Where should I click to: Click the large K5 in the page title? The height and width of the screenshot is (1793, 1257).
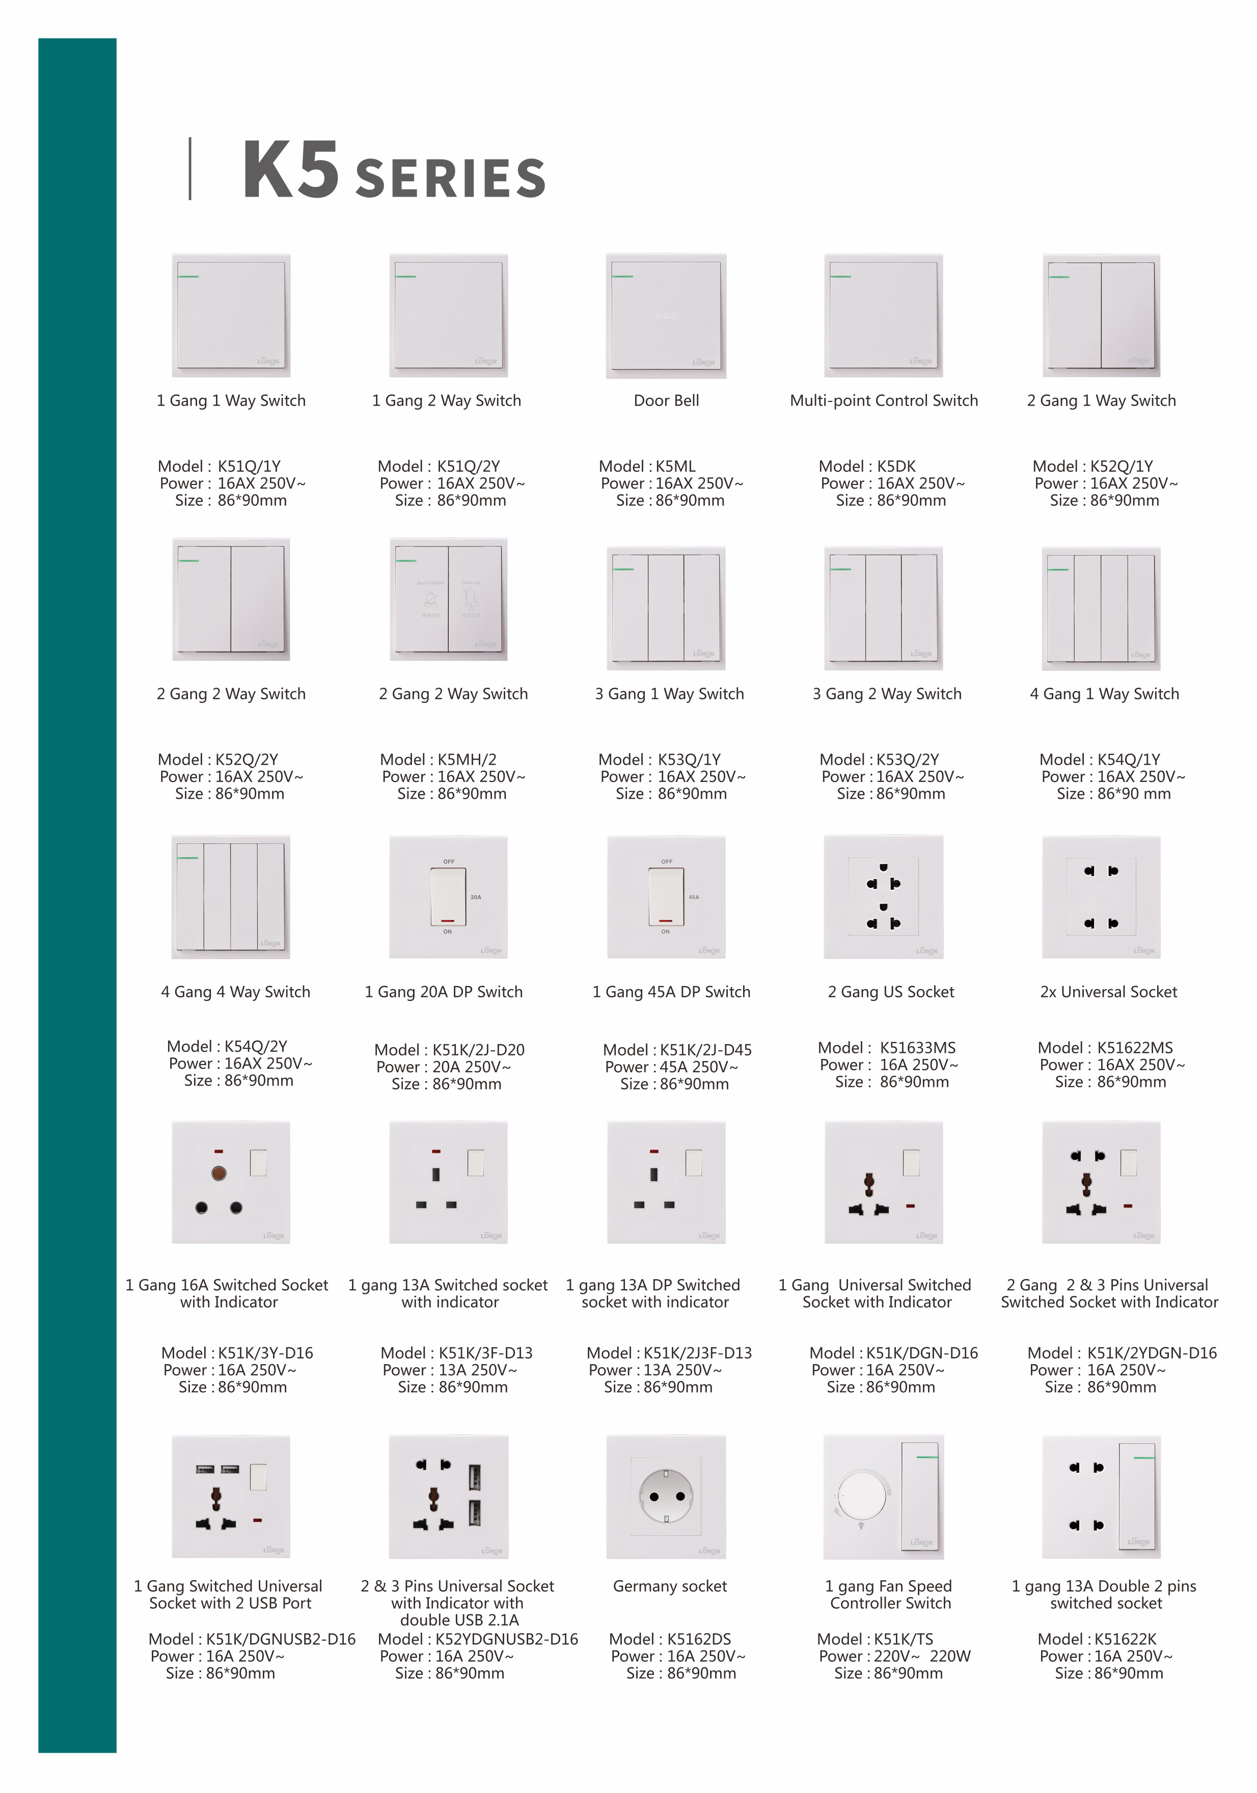(290, 170)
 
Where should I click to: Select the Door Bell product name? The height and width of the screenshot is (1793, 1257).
(666, 400)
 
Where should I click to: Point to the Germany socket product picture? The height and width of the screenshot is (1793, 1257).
(666, 1496)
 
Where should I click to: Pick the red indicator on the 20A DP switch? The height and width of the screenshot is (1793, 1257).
(447, 921)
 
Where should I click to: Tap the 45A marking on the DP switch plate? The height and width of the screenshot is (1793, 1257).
(693, 898)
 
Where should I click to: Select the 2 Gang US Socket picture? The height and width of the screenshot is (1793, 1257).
(883, 896)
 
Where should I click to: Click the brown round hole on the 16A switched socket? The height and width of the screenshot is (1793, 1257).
(218, 1173)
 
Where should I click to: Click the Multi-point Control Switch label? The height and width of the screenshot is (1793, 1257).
(884, 400)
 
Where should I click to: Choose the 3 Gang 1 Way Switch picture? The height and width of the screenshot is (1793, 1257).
(666, 608)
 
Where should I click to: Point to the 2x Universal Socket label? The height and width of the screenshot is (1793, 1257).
(1108, 992)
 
